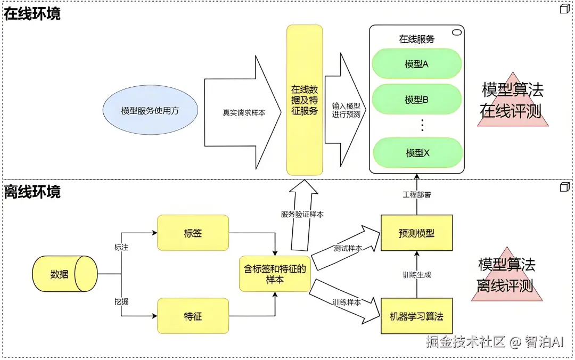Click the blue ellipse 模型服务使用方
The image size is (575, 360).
(150, 111)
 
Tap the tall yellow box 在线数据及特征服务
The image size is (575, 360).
(305, 100)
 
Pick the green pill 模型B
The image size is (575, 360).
(416, 100)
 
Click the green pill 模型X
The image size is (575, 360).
(416, 153)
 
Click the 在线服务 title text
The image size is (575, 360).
(416, 39)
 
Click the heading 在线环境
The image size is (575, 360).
(32, 13)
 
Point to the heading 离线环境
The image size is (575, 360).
(32, 191)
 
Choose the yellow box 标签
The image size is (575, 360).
(193, 233)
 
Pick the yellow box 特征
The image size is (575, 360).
(193, 316)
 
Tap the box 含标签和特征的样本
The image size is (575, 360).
(275, 274)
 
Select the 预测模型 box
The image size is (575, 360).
(417, 233)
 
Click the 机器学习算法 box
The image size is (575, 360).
(417, 316)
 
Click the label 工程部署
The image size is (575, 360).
(417, 195)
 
